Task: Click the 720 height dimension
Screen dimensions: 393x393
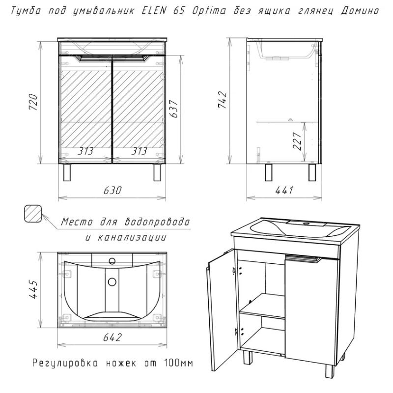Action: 33,102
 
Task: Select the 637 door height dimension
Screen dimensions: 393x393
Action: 173,109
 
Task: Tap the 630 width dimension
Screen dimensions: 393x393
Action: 112,190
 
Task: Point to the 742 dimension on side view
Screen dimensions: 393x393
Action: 223,100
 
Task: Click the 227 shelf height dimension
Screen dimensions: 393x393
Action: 297,141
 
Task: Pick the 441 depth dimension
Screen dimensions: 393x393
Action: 284,190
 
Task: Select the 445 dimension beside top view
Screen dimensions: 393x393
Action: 33,289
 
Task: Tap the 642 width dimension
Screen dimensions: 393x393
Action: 112,337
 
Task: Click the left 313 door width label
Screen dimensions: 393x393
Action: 85,151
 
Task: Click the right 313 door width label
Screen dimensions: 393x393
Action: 139,151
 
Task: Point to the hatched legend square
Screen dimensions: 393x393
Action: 33,214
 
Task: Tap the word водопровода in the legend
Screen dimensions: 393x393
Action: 157,222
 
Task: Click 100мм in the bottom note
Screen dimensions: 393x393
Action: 178,363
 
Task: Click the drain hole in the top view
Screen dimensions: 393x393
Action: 112,281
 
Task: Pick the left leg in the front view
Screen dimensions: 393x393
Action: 67,172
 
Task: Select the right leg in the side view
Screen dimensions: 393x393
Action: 312,172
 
